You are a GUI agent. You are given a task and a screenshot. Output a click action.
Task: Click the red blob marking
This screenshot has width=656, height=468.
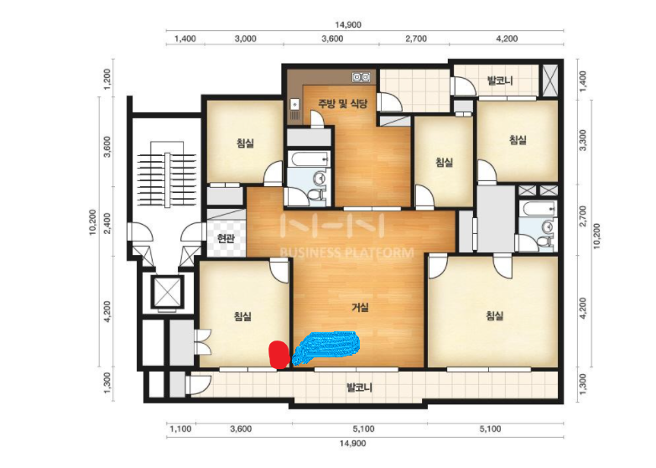tap(279, 355)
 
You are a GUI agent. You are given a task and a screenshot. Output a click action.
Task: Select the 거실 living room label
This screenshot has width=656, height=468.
tap(360, 308)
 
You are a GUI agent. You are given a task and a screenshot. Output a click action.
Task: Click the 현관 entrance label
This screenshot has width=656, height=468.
tap(226, 239)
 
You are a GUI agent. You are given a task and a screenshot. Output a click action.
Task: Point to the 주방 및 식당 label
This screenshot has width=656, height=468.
tap(343, 103)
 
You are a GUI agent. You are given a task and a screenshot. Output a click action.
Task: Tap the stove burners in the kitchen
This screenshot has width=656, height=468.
tap(362, 77)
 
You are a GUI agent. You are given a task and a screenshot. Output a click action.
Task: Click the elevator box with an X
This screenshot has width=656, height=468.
tap(167, 292)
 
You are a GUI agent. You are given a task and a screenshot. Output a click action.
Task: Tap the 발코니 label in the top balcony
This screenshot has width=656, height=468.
tap(500, 81)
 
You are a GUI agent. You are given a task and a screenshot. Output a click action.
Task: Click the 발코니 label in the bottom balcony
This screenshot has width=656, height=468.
tap(359, 387)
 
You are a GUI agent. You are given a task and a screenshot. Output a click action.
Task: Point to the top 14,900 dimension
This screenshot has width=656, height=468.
tap(348, 24)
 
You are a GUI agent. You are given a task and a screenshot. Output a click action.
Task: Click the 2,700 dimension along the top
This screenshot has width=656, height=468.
tap(416, 39)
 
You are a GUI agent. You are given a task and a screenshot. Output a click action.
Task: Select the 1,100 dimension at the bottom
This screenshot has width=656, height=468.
tap(180, 429)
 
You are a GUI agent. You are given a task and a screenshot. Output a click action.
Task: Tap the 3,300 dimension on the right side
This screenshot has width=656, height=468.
tap(582, 141)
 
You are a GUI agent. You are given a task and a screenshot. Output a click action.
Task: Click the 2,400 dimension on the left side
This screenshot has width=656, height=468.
tap(107, 223)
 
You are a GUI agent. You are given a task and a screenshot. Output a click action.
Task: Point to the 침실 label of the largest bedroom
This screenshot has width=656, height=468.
tap(494, 315)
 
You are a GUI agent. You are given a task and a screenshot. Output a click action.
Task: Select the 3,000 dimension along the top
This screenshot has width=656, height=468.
tap(246, 39)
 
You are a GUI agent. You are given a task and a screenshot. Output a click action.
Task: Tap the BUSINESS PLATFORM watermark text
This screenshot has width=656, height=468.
tap(346, 252)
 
